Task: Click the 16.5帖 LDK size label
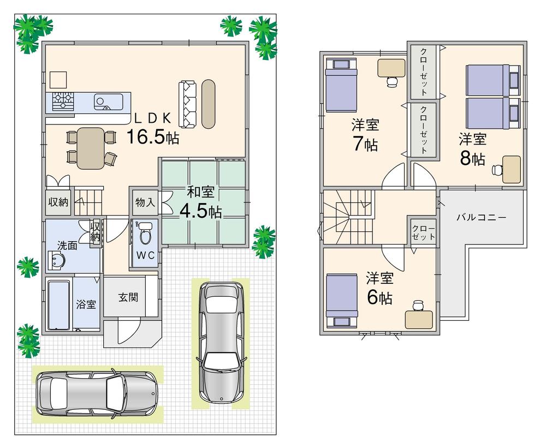(152, 136)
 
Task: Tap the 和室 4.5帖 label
(201, 203)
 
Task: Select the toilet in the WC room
(145, 235)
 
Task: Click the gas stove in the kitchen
(63, 100)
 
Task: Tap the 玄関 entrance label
(129, 298)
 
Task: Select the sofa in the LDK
(187, 104)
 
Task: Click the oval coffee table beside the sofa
(209, 104)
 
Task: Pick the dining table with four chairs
(90, 147)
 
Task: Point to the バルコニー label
(481, 217)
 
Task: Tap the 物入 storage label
(145, 202)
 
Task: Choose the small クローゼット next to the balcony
(424, 232)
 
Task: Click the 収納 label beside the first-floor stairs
(58, 202)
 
